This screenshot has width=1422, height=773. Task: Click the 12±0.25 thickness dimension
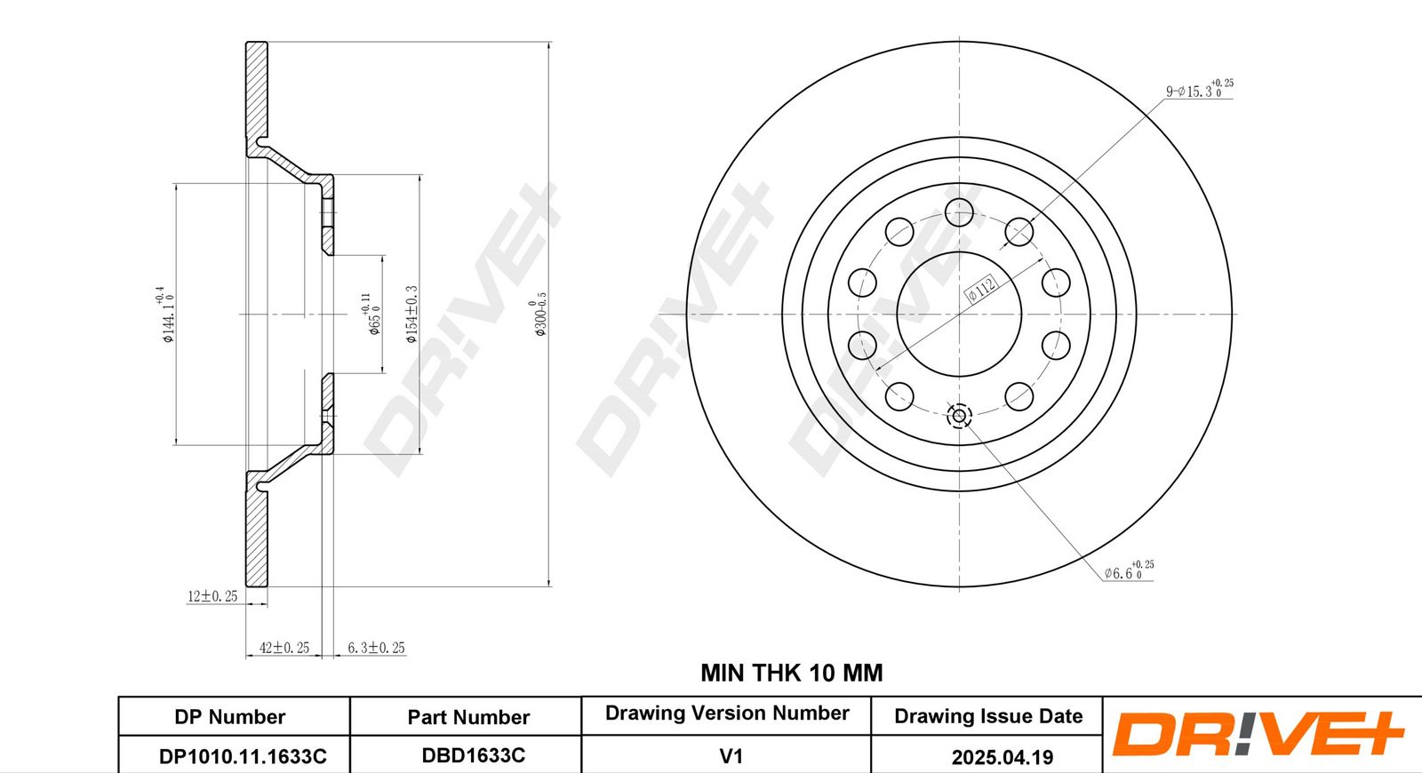click(212, 596)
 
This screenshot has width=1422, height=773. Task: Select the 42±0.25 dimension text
click(284, 648)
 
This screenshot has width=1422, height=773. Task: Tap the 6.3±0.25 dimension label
click(376, 648)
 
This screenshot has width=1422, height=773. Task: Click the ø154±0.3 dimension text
click(411, 314)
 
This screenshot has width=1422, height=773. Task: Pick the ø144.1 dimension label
click(166, 314)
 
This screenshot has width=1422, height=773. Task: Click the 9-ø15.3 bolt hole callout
click(1199, 90)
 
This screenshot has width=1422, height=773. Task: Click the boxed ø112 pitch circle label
click(982, 288)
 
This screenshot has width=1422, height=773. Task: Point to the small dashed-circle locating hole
click(959, 415)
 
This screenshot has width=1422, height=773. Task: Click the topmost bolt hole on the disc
click(959, 212)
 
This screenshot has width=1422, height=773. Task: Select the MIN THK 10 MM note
click(791, 673)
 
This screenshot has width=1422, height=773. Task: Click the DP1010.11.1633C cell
click(243, 756)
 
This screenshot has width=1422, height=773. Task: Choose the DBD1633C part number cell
click(473, 755)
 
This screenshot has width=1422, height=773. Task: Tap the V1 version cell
click(731, 756)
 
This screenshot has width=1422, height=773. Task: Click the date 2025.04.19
click(1002, 757)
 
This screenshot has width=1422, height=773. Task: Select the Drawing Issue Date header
click(988, 716)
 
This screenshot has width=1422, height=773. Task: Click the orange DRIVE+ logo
click(1257, 734)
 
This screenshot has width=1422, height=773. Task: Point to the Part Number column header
click(468, 717)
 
